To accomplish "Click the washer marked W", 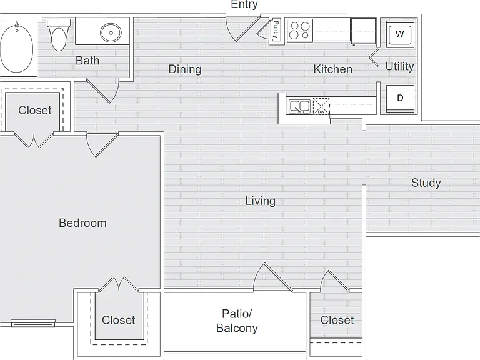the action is coord(400,34).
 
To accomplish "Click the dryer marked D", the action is coord(400,99).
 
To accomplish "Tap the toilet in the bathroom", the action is coord(59,34).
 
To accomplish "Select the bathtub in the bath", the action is coord(17,48).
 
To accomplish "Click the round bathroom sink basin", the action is coord(111,32).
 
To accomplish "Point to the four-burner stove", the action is coord(300,31).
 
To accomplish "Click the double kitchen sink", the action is coord(300,106).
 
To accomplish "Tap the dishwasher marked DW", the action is coord(321,106).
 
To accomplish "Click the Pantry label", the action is coord(276,30).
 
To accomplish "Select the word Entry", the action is coord(244,4).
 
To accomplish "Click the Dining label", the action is coord(185,69).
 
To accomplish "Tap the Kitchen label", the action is coord(332,69).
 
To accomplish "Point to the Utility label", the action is coord(399,66).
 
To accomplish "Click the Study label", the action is coord(426,182).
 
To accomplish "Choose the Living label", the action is coord(261,201).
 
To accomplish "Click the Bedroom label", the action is coord(82,223).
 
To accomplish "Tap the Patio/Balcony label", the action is coord(237,321).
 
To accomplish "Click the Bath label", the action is coord(87,61).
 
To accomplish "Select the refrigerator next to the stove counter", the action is coord(363,31).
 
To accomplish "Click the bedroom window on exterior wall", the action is coord(33,323).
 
